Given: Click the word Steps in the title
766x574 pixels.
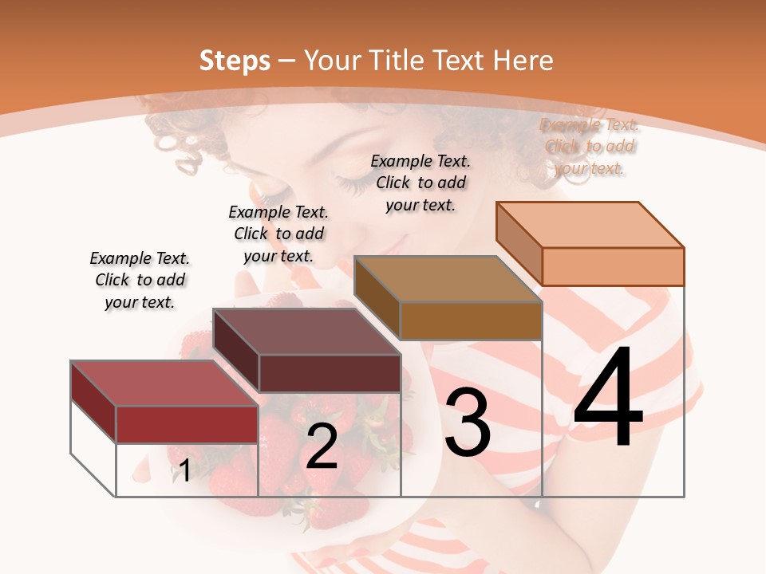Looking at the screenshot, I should pos(235,61).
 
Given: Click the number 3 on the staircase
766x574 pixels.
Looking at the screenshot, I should pos(468,423).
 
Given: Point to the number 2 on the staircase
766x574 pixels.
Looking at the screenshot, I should pos(322,446).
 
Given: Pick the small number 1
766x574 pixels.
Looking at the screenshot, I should pos(184,471).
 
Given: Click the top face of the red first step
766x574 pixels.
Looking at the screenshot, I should pos(164,383).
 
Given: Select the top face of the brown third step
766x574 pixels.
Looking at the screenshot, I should pos(448,279).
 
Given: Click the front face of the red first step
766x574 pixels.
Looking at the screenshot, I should pos(187,424).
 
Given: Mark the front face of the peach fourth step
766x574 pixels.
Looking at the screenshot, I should pos(613,266).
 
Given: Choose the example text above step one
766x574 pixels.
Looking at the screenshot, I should pos(140,280).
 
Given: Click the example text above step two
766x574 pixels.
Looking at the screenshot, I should pos(278,234).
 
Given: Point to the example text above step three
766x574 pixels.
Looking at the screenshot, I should pos(421,183).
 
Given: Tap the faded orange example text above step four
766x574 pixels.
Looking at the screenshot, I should pos(589,146).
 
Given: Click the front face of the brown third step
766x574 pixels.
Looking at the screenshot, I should pos(471,320).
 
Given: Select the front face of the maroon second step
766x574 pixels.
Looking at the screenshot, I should pos(330,373).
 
